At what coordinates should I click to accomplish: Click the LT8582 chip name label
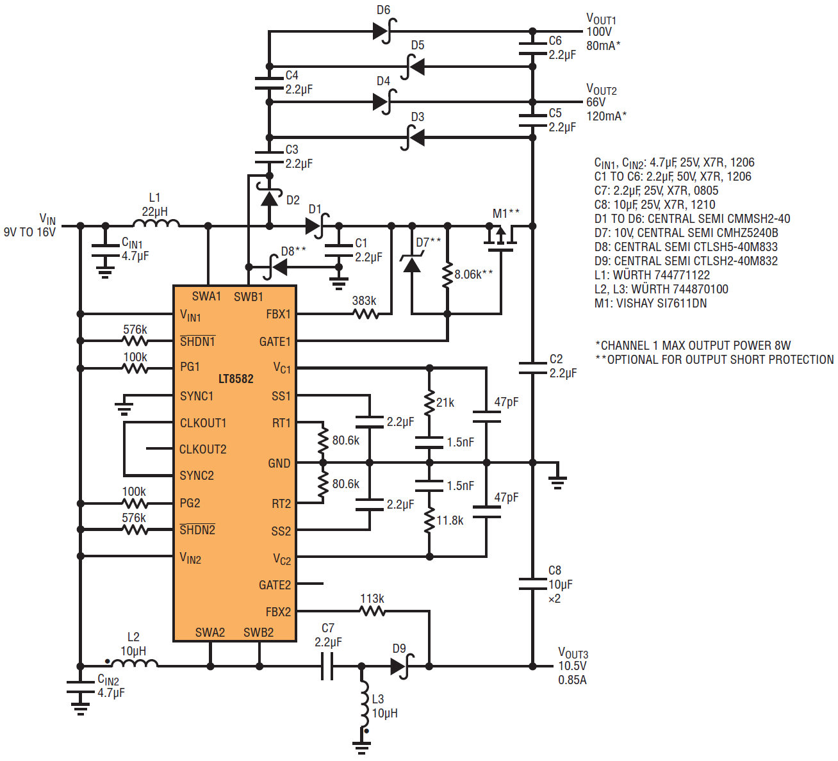pyautogui.click(x=236, y=379)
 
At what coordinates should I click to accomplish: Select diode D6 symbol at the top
pyautogui.click(x=384, y=31)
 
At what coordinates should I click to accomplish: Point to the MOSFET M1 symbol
pyautogui.click(x=501, y=236)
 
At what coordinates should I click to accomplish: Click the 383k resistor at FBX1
pyautogui.click(x=366, y=314)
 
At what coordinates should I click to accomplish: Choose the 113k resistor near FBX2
pyautogui.click(x=372, y=611)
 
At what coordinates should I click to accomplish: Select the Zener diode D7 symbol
pyautogui.click(x=411, y=262)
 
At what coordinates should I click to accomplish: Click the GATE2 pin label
pyautogui.click(x=274, y=585)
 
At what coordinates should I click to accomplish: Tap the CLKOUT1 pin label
pyautogui.click(x=203, y=423)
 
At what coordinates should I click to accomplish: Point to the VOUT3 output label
pyautogui.click(x=573, y=653)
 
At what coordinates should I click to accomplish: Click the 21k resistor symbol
pyautogui.click(x=429, y=403)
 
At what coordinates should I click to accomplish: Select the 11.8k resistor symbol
pyautogui.click(x=429, y=520)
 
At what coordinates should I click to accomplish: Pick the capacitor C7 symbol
pyautogui.click(x=327, y=666)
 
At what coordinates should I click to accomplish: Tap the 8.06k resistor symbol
pyautogui.click(x=447, y=274)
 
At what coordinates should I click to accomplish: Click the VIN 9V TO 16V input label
pyautogui.click(x=30, y=225)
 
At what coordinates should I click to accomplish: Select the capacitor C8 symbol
pyautogui.click(x=532, y=584)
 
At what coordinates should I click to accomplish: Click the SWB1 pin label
pyautogui.click(x=249, y=297)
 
